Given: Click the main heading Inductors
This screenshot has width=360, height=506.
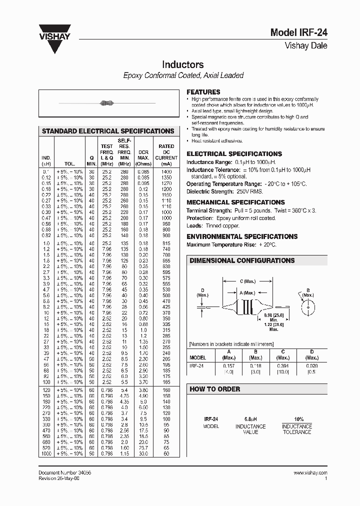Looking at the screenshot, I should coord(182,65).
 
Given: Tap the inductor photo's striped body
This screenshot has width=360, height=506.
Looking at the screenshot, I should coord(105,103).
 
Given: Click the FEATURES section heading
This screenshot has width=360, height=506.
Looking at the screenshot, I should coord(203,92).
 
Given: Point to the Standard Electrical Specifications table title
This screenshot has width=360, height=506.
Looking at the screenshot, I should coord(107,131).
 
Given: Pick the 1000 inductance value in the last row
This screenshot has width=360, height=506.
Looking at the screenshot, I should coord(46,453).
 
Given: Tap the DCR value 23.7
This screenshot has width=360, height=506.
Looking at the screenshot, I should coord(143,448).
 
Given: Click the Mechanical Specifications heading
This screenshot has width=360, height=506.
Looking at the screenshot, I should coord(235,202).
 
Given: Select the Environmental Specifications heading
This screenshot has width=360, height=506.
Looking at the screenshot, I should coord(242,236).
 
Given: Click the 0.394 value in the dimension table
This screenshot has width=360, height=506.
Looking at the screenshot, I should coord(283,365).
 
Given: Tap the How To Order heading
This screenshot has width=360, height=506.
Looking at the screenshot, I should coord(215,389).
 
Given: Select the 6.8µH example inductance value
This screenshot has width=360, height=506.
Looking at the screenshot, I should coord(250,419).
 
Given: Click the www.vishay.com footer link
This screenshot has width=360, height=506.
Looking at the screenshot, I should coord(310,472).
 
